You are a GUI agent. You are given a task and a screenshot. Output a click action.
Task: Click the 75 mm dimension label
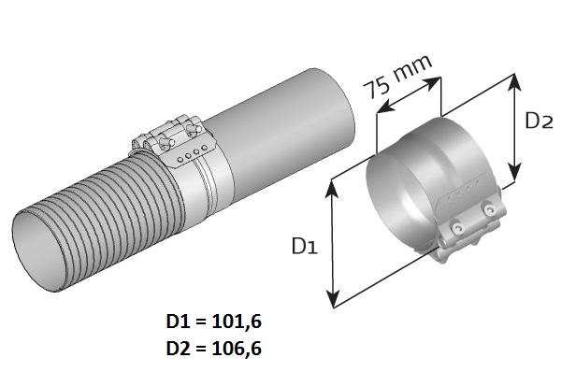(x=396, y=77)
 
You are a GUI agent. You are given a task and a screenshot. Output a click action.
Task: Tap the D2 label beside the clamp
(x=539, y=121)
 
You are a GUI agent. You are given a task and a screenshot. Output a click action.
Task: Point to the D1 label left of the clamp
(x=305, y=246)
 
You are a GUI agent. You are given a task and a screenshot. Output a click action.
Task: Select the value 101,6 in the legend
(x=237, y=322)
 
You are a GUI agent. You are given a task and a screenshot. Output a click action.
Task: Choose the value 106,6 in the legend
(x=237, y=348)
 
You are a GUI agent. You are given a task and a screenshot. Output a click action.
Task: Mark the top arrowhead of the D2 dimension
(x=514, y=81)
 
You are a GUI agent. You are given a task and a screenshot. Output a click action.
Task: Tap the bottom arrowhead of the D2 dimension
(x=514, y=172)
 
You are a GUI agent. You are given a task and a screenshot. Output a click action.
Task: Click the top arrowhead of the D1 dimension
(x=333, y=188)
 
